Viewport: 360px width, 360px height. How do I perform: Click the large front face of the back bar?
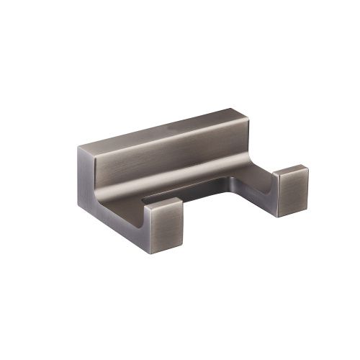pyautogui.click(x=166, y=162)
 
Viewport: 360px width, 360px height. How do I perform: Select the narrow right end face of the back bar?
pyautogui.click(x=245, y=137)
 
